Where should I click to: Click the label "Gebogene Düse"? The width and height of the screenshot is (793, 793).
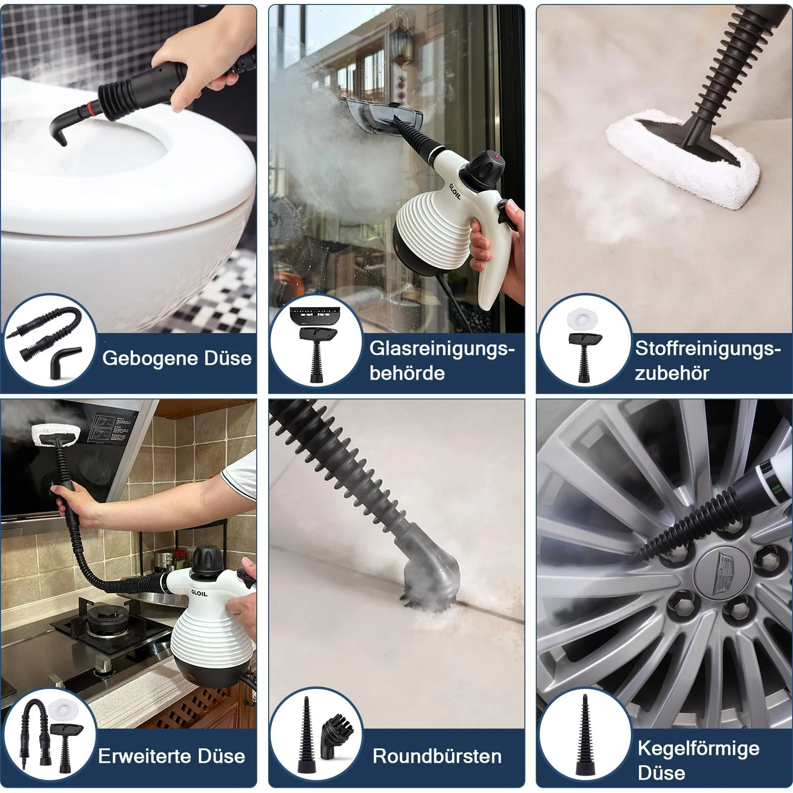click(176, 358)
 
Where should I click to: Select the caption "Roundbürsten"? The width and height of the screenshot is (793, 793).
click(437, 756)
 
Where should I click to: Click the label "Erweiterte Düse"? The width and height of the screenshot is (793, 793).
click(171, 756)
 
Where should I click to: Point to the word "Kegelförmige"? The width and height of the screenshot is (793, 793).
click(698, 748)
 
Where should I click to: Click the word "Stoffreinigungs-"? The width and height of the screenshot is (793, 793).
click(708, 348)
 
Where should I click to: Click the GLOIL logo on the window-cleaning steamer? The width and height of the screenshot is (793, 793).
click(454, 191)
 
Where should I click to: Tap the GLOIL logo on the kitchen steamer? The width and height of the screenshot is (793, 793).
click(199, 593)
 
